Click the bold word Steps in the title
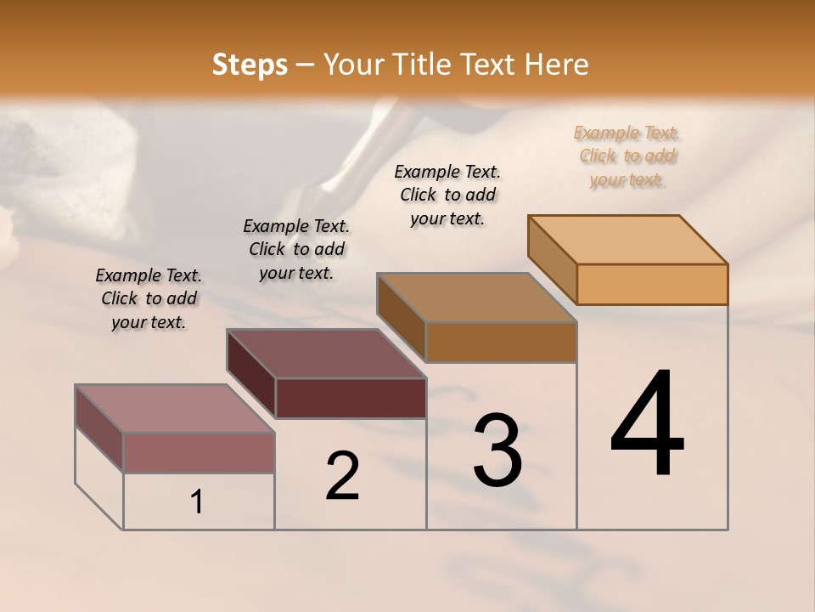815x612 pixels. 250,65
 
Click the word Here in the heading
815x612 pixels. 558,65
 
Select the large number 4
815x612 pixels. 648,425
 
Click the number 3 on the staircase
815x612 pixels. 497,450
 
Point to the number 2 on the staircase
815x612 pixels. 343,476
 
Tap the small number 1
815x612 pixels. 197,502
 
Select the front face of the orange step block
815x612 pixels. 652,284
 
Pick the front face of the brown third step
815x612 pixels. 501,342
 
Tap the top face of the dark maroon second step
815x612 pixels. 327,354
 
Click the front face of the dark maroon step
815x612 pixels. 351,398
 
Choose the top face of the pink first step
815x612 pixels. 175,408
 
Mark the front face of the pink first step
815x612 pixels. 199,452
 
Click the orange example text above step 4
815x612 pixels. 627,156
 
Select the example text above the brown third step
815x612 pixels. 447,195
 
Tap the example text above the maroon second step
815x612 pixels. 296,249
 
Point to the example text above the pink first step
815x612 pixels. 149,298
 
